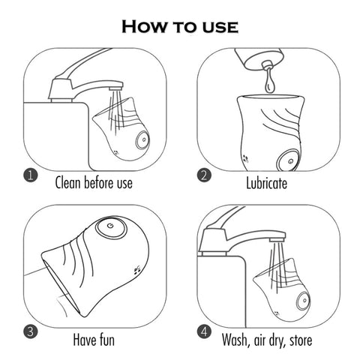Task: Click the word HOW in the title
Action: [x=143, y=26]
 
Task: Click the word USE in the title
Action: [x=220, y=27]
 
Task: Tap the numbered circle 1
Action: [x=31, y=175]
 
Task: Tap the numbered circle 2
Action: [x=204, y=175]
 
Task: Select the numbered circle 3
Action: [x=31, y=331]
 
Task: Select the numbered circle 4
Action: [x=204, y=331]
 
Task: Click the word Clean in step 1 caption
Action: [x=67, y=182]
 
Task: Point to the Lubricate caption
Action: [x=267, y=183]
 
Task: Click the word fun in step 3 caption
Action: [x=104, y=340]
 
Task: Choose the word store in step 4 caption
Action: [x=301, y=340]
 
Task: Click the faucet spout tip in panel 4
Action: [x=277, y=239]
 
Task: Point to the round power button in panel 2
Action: [x=289, y=160]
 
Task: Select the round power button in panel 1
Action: [x=143, y=141]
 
